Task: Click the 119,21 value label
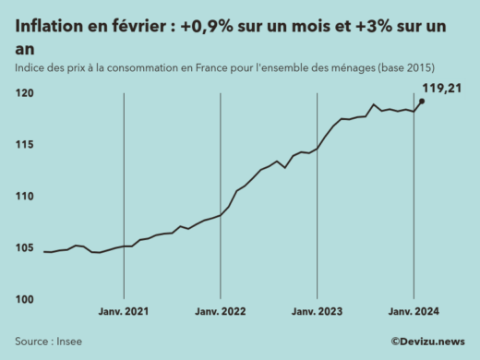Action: coord(441,89)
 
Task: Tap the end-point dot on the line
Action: coord(422,102)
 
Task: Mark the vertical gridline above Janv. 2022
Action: coord(220,203)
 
